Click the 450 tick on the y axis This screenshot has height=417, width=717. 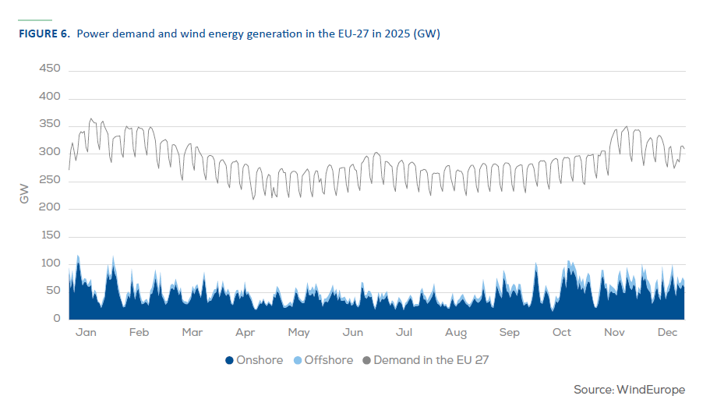(x=50, y=69)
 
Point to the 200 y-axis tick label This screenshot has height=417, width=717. (x=50, y=208)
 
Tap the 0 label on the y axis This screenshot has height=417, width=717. (x=57, y=319)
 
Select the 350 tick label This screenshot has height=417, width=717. (x=50, y=125)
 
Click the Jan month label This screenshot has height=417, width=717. (x=86, y=333)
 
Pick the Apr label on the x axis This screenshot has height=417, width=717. (x=245, y=333)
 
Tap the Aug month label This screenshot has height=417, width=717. (x=456, y=333)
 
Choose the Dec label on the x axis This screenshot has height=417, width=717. (x=667, y=333)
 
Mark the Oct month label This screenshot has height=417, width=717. (x=561, y=333)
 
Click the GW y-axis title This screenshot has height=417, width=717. (x=24, y=194)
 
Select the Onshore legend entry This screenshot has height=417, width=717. (x=259, y=360)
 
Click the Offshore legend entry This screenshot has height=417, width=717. (x=328, y=360)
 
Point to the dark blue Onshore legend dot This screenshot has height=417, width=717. (x=229, y=361)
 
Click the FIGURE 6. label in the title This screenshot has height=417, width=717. (x=44, y=34)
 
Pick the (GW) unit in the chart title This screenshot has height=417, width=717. (x=429, y=34)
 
